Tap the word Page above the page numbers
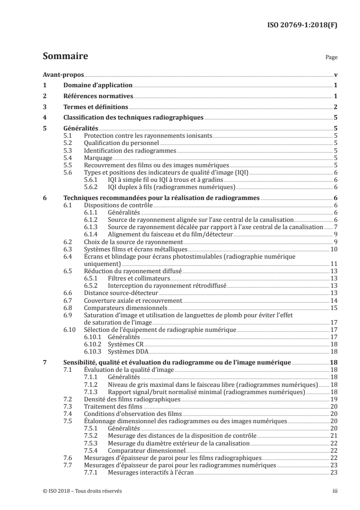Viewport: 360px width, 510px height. click(x=331, y=58)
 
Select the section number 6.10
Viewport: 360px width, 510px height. click(x=70, y=330)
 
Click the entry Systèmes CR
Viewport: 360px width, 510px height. click(x=124, y=344)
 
